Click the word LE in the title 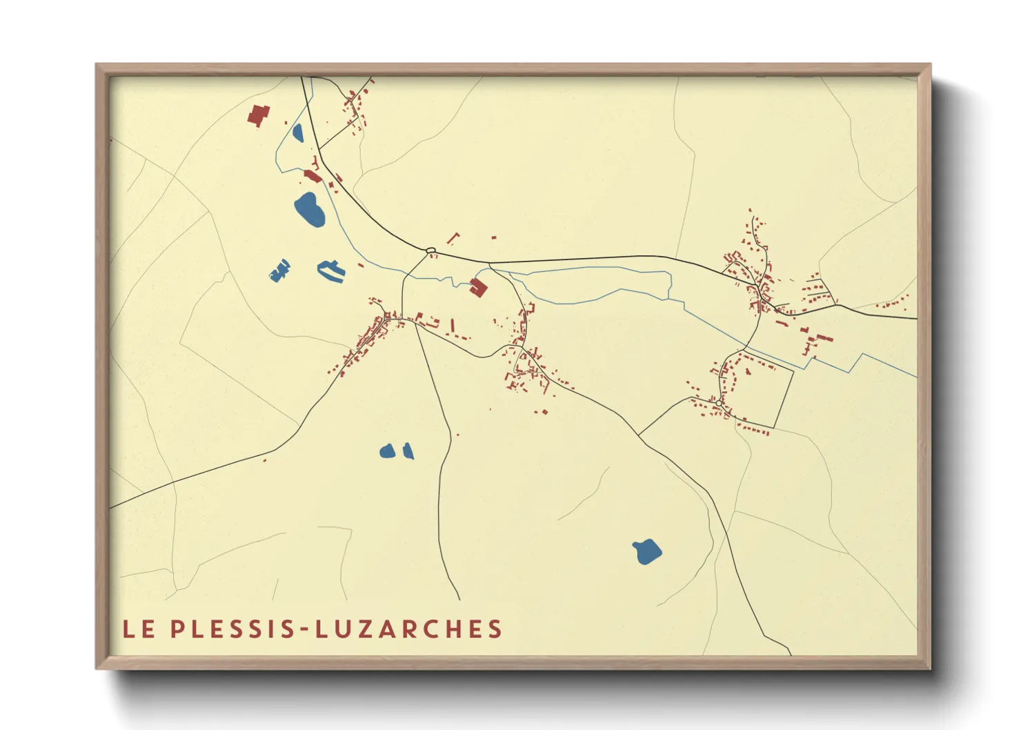[139, 629]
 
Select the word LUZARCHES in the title [410, 629]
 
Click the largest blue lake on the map [309, 209]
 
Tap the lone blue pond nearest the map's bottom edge [646, 551]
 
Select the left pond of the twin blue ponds [387, 451]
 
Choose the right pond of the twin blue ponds [408, 451]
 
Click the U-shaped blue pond [330, 270]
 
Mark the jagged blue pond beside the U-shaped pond [279, 271]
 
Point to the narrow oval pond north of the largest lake [298, 132]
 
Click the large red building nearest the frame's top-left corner [259, 115]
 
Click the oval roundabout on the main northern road [430, 250]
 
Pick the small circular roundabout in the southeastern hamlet [719, 403]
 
